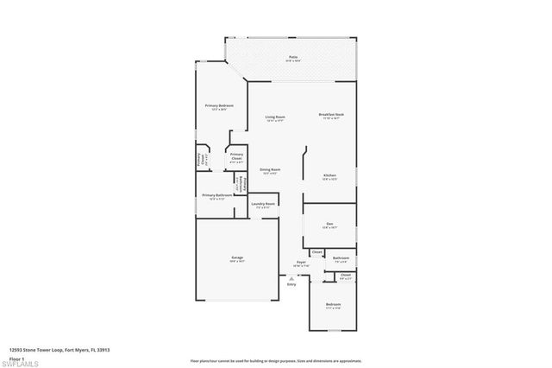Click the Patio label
pyautogui.click(x=293, y=57)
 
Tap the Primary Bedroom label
pyautogui.click(x=220, y=105)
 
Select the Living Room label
pyautogui.click(x=275, y=116)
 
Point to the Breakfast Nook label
pyautogui.click(x=331, y=115)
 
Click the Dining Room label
pyautogui.click(x=270, y=169)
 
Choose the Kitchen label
pyautogui.click(x=329, y=175)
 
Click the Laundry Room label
pyautogui.click(x=262, y=204)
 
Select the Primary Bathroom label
pyautogui.click(x=217, y=195)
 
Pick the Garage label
pyautogui.click(x=236, y=257)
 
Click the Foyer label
pyautogui.click(x=302, y=262)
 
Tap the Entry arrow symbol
pyautogui.click(x=292, y=279)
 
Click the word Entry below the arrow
pyautogui.click(x=292, y=285)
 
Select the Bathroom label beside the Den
pyautogui.click(x=341, y=257)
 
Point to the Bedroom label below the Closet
pyautogui.click(x=333, y=304)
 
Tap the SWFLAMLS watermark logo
pyautogui.click(x=19, y=358)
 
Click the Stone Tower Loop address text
pyautogui.click(x=60, y=350)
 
